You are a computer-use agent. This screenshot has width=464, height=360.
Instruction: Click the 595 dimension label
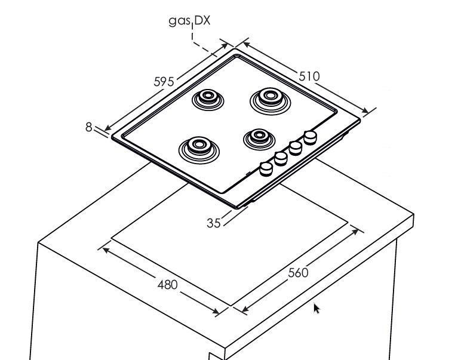pyautogui.click(x=164, y=81)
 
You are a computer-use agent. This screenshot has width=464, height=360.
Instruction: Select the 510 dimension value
pyautogui.click(x=309, y=76)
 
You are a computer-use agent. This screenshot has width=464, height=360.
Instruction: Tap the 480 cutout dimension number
pyautogui.click(x=167, y=284)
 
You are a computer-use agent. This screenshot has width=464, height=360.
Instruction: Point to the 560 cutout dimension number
pyautogui.click(x=298, y=273)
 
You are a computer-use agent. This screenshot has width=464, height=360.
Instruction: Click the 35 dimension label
pyautogui.click(x=214, y=223)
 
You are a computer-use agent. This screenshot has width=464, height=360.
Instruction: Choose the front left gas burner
pyautogui.click(x=196, y=147)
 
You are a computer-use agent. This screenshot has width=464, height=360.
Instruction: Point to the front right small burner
pyautogui.click(x=259, y=138)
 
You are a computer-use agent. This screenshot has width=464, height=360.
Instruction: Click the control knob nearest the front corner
pyautogui.click(x=265, y=169)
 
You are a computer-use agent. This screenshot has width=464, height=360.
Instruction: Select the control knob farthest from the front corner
pyautogui.click(x=310, y=137)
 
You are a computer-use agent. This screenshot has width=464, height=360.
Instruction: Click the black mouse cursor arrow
pyautogui.click(x=316, y=307)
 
